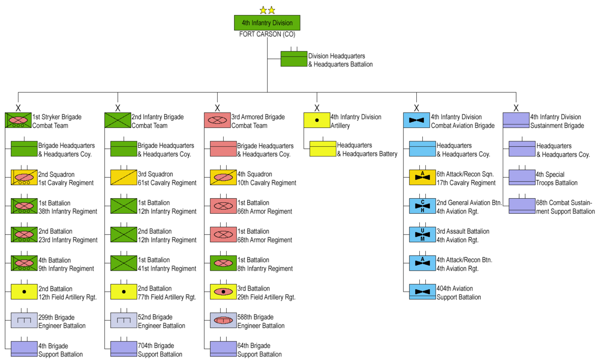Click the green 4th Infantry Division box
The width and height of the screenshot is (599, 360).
pyautogui.click(x=267, y=23)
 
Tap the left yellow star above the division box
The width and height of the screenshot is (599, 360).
pyautogui.click(x=263, y=10)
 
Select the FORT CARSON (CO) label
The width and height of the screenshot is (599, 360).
pyautogui.click(x=267, y=34)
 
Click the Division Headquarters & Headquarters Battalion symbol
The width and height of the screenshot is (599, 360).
pyautogui.click(x=294, y=59)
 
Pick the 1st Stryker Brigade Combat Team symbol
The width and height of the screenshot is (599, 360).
pyautogui.click(x=18, y=120)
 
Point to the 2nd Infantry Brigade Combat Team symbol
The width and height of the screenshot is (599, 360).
pyautogui.click(x=117, y=120)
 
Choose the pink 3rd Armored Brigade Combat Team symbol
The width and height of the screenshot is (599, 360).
pyautogui.click(x=217, y=120)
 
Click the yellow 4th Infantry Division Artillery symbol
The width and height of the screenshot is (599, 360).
pyautogui.click(x=316, y=120)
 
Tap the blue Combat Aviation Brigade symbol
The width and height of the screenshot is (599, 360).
pyautogui.click(x=416, y=120)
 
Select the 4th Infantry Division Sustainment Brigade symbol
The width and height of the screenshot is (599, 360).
pyautogui.click(x=516, y=120)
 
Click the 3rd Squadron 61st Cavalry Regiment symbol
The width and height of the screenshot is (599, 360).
pyautogui.click(x=124, y=178)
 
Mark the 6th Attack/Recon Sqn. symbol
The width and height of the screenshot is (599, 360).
pyautogui.click(x=423, y=178)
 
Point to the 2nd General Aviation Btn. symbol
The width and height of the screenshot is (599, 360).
pyautogui.click(x=423, y=206)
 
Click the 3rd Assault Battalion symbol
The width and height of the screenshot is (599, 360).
pyautogui.click(x=423, y=235)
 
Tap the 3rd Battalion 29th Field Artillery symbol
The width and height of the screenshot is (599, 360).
pyautogui.click(x=224, y=292)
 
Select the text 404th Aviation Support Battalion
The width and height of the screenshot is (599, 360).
pyautogui.click(x=459, y=293)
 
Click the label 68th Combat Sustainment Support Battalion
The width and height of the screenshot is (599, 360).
pyautogui.click(x=566, y=207)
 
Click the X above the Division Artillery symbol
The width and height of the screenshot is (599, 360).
pyautogui.click(x=316, y=108)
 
